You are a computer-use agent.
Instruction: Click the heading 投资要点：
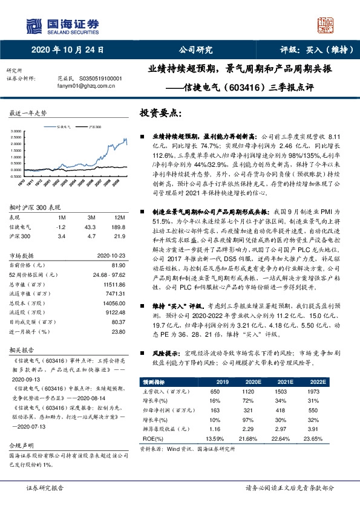click(x=159, y=113)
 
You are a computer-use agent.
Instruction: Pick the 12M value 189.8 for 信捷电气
click(x=118, y=226)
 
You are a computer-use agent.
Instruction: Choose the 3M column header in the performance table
click(x=93, y=218)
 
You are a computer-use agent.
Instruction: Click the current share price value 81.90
click(x=119, y=264)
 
